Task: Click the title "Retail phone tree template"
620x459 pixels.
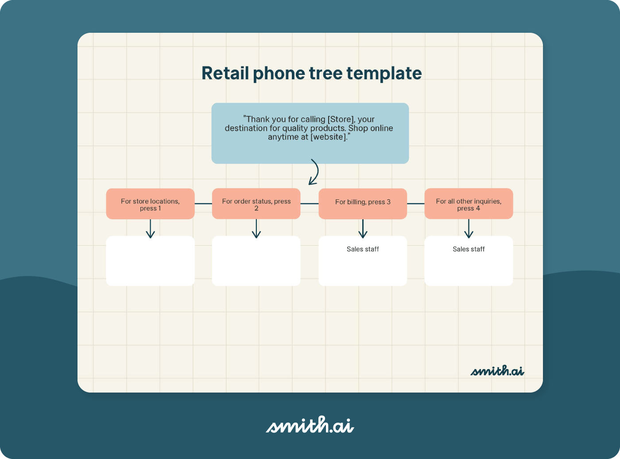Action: click(x=311, y=74)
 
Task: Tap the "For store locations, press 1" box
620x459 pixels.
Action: click(x=150, y=204)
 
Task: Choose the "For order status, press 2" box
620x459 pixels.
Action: click(x=256, y=204)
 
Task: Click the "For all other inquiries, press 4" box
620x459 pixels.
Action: click(x=469, y=204)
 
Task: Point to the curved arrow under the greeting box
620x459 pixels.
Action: click(x=314, y=172)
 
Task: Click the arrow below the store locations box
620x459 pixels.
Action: click(x=150, y=229)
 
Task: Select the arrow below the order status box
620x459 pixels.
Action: click(x=256, y=229)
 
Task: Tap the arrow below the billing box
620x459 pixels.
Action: click(x=363, y=229)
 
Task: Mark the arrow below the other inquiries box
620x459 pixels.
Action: click(x=469, y=229)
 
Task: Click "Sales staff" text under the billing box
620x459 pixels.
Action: click(x=363, y=249)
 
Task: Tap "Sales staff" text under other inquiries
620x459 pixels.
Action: click(x=469, y=249)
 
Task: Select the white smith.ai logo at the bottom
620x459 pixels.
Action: click(x=310, y=425)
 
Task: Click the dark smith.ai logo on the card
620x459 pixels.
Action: click(x=497, y=371)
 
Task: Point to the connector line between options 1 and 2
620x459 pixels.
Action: click(x=203, y=204)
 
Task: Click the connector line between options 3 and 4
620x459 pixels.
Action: click(x=415, y=204)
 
